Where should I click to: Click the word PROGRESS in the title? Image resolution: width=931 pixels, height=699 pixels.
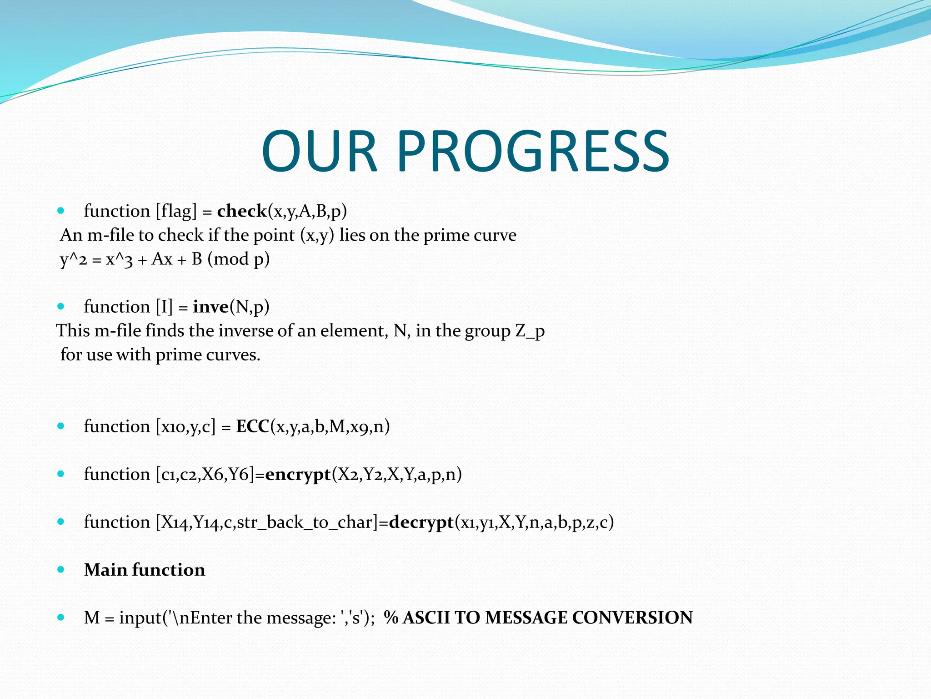pyautogui.click(x=533, y=151)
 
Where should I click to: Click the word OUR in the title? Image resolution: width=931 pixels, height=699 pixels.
pyautogui.click(x=320, y=151)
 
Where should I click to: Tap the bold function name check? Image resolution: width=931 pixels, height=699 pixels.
pyautogui.click(x=242, y=211)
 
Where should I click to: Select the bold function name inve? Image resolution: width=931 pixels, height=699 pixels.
pyautogui.click(x=210, y=307)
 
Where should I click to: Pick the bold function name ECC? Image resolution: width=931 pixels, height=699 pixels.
pyautogui.click(x=253, y=426)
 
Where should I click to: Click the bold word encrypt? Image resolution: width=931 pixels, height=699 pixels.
pyautogui.click(x=298, y=474)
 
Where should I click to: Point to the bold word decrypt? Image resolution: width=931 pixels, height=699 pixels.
pyautogui.click(x=421, y=522)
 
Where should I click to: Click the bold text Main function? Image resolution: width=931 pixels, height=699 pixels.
pyautogui.click(x=145, y=570)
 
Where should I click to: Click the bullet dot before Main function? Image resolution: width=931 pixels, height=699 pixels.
pyautogui.click(x=61, y=570)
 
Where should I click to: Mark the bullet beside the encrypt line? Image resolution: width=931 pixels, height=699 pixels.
pyautogui.click(x=61, y=474)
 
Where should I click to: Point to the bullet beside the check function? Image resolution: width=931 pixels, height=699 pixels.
pyautogui.click(x=61, y=211)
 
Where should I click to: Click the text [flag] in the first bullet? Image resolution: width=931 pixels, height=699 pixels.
pyautogui.click(x=176, y=211)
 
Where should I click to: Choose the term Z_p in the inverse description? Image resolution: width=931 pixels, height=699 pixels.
pyautogui.click(x=530, y=331)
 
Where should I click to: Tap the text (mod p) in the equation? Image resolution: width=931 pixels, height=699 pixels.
pyautogui.click(x=239, y=259)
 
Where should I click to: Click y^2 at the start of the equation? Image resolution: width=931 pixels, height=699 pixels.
pyautogui.click(x=73, y=259)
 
